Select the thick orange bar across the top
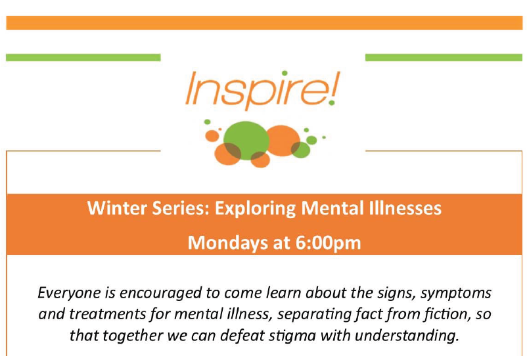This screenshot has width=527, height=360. click(263, 23)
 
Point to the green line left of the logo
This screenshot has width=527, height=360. click(83, 58)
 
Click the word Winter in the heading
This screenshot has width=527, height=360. click(112, 210)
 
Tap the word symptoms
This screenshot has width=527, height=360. click(454, 292)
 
